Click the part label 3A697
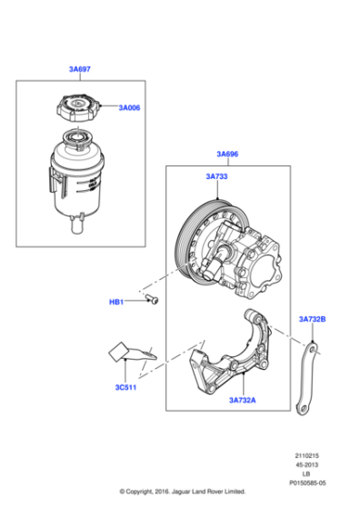click(79, 69)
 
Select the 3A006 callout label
click(130, 107)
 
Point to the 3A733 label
click(228, 179)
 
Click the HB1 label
click(118, 303)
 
